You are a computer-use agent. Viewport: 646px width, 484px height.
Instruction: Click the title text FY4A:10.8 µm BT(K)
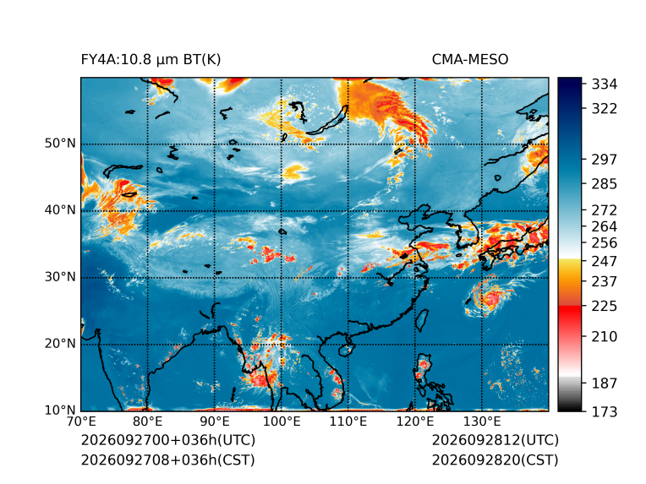click(x=151, y=60)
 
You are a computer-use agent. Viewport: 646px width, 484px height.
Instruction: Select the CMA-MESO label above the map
click(x=470, y=60)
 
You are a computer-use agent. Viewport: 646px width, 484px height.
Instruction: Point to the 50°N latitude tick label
click(x=60, y=144)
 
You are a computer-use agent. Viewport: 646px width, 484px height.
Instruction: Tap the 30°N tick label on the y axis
click(x=60, y=276)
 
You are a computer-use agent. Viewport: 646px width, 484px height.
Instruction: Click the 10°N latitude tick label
click(x=60, y=410)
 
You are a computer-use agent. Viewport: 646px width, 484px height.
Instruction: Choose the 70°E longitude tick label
click(x=81, y=421)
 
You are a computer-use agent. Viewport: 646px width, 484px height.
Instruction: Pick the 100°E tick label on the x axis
click(x=282, y=421)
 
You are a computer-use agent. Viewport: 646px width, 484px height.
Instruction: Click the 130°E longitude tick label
click(x=482, y=421)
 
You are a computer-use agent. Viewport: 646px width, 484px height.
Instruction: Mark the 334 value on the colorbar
click(x=605, y=84)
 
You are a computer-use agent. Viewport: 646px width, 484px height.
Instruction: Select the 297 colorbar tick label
click(x=605, y=160)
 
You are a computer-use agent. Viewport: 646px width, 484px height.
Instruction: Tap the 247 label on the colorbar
click(x=605, y=261)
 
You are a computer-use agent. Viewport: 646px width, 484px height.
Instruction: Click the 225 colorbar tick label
click(x=605, y=307)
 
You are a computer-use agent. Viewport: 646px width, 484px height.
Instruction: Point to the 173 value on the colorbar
click(x=605, y=411)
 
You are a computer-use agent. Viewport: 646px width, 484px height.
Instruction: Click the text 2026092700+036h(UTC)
click(x=168, y=440)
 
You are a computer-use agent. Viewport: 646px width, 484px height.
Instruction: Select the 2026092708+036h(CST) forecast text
click(x=167, y=460)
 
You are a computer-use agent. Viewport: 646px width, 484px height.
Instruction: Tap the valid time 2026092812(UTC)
click(x=495, y=440)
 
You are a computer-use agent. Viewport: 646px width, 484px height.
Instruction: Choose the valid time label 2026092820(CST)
click(x=495, y=460)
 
